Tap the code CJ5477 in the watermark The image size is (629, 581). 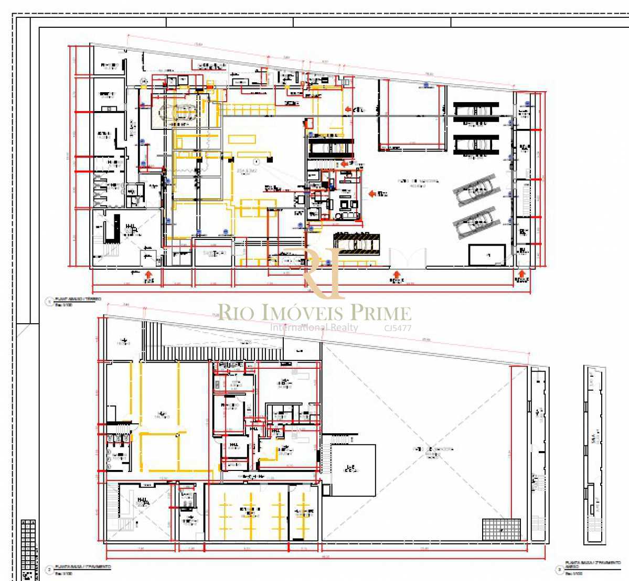pyautogui.click(x=398, y=328)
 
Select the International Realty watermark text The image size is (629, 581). pyautogui.click(x=314, y=327)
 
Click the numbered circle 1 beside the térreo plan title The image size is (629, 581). pyautogui.click(x=49, y=302)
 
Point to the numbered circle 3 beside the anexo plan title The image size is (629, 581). pyautogui.click(x=559, y=569)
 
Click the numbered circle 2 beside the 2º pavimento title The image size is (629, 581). pyautogui.click(x=49, y=569)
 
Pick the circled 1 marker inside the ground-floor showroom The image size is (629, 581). pyautogui.click(x=257, y=161)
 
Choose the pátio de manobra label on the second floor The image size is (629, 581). pyautogui.click(x=433, y=450)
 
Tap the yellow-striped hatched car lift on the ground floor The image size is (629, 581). pyautogui.click(x=357, y=243)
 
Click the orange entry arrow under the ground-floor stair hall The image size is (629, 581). pyautogui.click(x=149, y=275)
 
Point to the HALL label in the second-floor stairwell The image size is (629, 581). pyautogui.click(x=142, y=501)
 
